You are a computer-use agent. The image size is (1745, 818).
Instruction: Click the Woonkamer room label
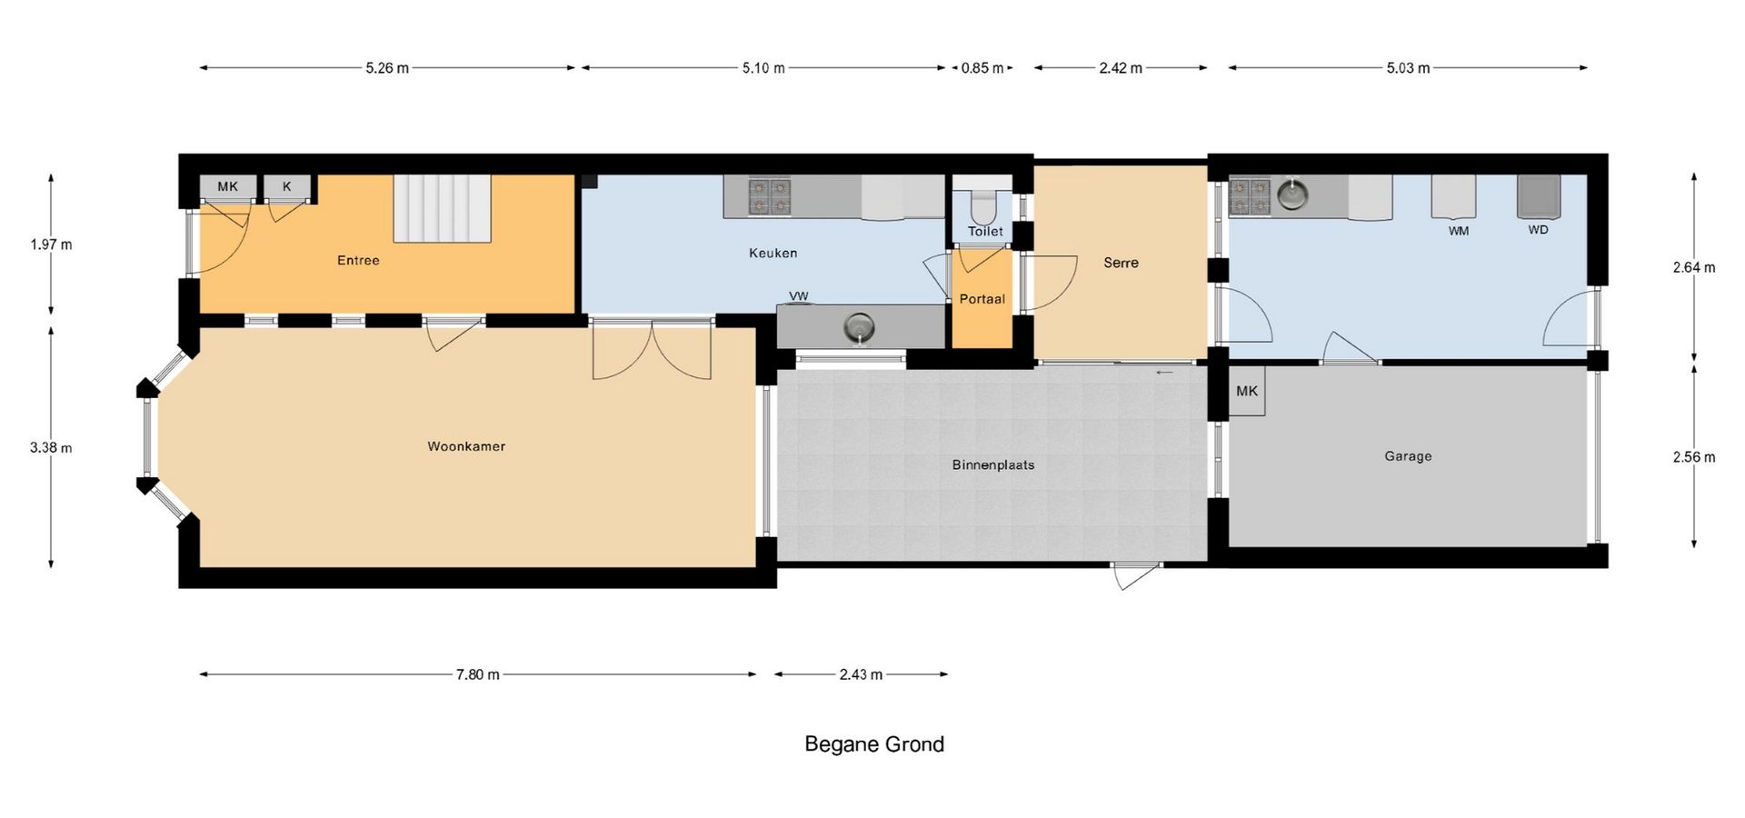tap(466, 446)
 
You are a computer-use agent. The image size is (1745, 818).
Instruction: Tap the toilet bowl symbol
tap(982, 206)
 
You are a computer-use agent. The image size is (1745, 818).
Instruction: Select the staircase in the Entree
tap(442, 208)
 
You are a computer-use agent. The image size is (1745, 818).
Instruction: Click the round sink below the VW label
tap(859, 326)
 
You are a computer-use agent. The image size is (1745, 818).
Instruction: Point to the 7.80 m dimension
tap(478, 674)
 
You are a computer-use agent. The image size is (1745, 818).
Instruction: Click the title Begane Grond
tap(874, 744)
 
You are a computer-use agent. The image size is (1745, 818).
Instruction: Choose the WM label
tap(1459, 231)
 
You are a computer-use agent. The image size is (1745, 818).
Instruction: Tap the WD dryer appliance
tap(1539, 196)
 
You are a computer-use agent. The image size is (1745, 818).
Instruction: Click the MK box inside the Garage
tap(1246, 391)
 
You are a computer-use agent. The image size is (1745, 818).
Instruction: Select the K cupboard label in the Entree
tap(287, 186)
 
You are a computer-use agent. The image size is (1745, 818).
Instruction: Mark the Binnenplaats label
tap(993, 464)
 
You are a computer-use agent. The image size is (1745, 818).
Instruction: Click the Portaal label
tap(982, 299)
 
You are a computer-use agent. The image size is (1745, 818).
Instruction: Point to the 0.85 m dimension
tap(982, 68)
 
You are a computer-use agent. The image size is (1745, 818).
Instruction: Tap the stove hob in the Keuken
tap(769, 197)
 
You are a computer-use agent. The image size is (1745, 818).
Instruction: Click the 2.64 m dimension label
tap(1694, 267)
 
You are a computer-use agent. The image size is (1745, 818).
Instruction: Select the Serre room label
tap(1121, 263)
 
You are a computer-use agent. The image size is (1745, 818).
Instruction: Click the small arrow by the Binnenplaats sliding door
tap(1164, 372)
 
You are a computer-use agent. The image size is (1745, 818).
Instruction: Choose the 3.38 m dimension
tap(51, 447)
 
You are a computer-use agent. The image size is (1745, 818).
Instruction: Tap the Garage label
tap(1408, 456)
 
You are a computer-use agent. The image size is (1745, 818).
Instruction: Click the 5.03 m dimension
tap(1408, 68)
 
